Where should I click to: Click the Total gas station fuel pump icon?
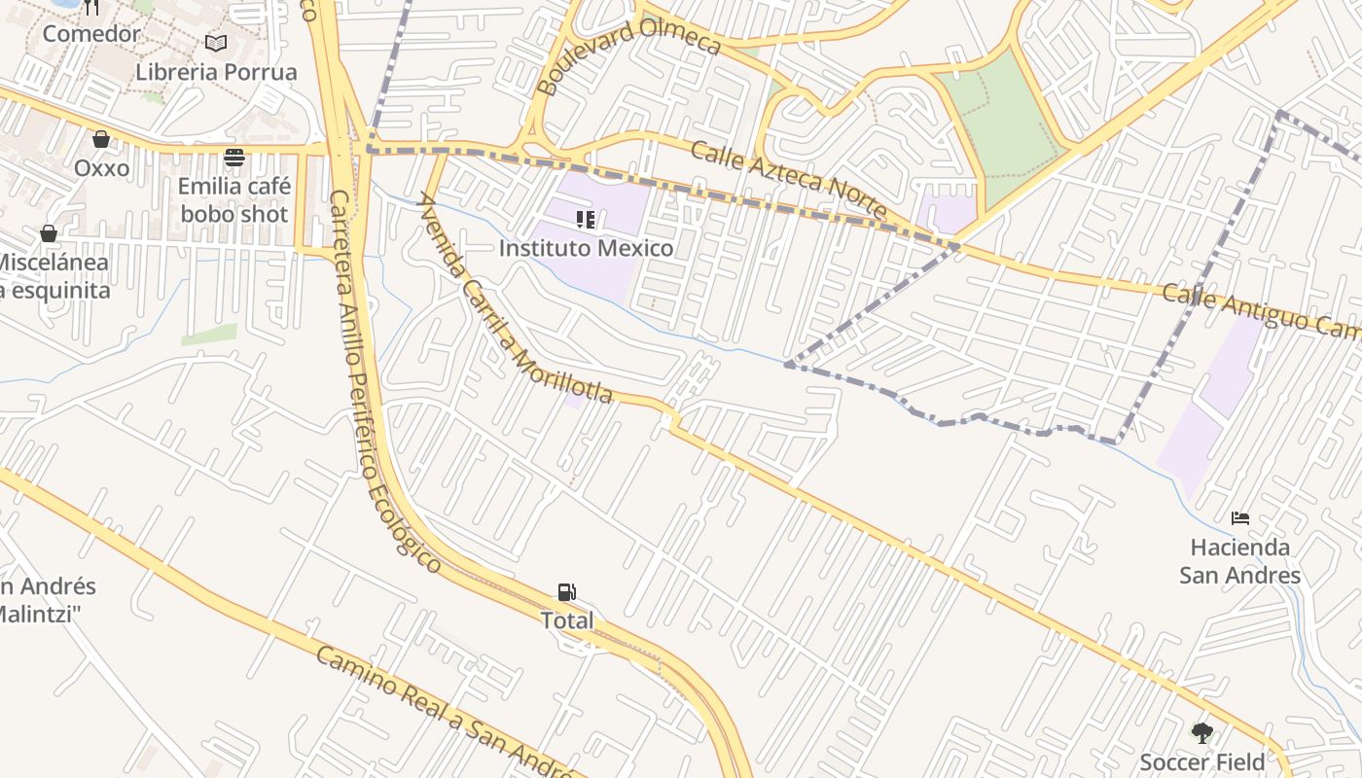coord(566,591)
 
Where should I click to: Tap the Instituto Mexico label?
coord(586,248)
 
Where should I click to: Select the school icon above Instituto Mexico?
coord(586,220)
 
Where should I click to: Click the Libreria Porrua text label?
coord(216,72)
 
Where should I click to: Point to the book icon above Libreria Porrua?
coord(216,43)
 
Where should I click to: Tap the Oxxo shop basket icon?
coord(101,139)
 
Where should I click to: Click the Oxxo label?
coord(101,168)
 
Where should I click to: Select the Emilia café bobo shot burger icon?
coord(234,157)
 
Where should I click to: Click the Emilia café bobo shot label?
coord(234,199)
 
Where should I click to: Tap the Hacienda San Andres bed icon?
coord(1239,517)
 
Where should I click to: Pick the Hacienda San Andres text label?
coord(1239,561)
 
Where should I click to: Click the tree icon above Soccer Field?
coord(1202,732)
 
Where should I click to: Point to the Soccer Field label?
coord(1202,761)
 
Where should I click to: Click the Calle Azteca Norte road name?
coord(789,181)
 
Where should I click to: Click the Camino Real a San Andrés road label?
coord(443,714)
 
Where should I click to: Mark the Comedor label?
coord(91,33)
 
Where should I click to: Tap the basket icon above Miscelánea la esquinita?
coord(49,233)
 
